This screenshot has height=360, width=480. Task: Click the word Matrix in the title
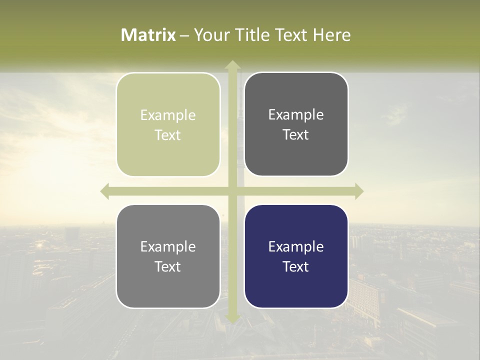148,35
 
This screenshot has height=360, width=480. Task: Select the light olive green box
168,124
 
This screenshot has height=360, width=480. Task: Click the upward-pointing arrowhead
232,65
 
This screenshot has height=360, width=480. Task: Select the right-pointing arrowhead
359,191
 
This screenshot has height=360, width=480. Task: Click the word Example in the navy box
296,246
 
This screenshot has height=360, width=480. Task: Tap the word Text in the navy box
296,266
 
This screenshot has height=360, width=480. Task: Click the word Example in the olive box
168,115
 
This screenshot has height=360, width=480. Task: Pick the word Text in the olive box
168,135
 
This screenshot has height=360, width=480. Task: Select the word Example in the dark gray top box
296,114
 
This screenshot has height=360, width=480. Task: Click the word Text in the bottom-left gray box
168,266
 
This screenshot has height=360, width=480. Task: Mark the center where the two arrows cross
232,191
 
